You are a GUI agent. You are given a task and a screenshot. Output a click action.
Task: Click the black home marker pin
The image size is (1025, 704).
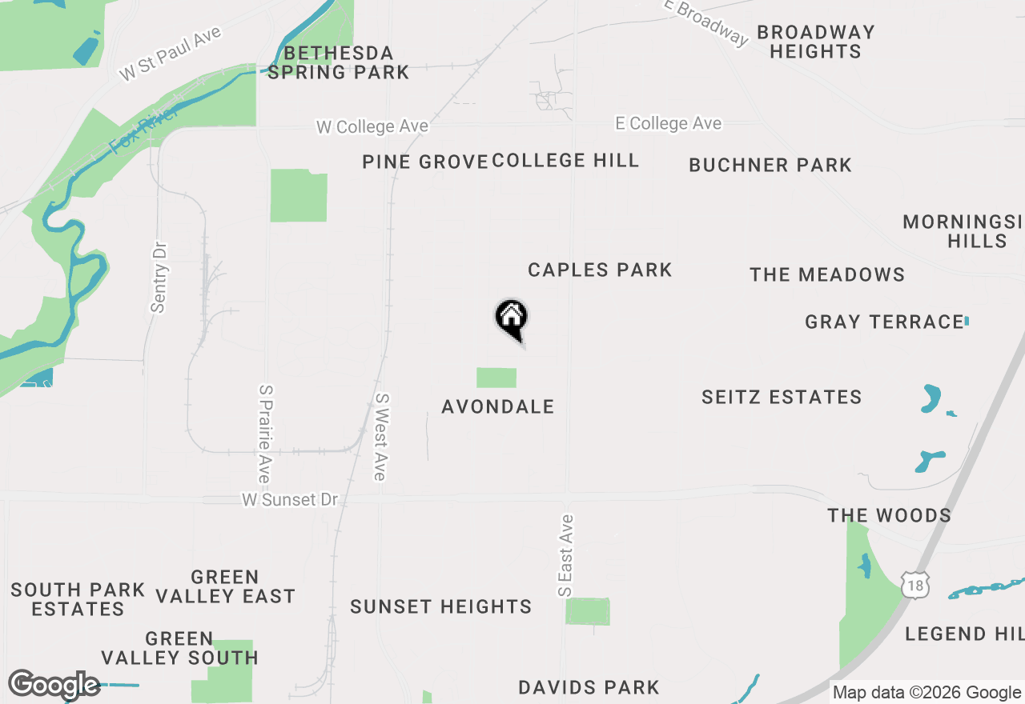click(x=512, y=318)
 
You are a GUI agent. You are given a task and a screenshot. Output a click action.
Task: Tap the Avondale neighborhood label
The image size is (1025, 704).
click(x=498, y=406)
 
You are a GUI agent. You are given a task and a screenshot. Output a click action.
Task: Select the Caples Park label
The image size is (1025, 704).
click(x=600, y=270)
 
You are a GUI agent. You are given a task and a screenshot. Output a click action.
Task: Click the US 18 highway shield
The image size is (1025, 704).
click(x=914, y=585)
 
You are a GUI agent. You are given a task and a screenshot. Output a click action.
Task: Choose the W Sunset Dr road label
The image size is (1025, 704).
click(x=290, y=499)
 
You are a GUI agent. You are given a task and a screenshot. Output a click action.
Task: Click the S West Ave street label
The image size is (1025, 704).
click(x=381, y=437)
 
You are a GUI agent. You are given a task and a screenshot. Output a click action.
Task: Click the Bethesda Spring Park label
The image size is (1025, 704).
click(x=338, y=63)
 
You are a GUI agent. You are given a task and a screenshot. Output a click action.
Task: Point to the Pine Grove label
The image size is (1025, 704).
click(x=424, y=162)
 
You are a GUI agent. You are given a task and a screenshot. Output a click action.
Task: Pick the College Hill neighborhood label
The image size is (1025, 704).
click(x=565, y=160)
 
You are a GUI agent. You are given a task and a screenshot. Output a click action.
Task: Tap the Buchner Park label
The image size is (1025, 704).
click(x=770, y=166)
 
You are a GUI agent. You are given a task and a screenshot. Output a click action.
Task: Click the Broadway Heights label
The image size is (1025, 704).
click(x=815, y=42)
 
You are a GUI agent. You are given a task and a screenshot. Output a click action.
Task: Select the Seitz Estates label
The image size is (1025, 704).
click(x=782, y=398)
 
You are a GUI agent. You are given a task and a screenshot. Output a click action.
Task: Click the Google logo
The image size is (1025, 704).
click(x=54, y=685)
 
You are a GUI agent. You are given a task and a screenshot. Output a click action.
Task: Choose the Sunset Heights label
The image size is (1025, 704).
click(x=441, y=607)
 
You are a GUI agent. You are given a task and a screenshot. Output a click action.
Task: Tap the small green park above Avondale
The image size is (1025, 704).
click(x=496, y=378)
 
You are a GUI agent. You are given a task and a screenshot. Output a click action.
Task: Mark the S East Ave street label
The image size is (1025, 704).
click(x=565, y=554)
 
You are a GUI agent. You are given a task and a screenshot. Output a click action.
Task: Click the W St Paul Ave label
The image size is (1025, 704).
click(x=171, y=54)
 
